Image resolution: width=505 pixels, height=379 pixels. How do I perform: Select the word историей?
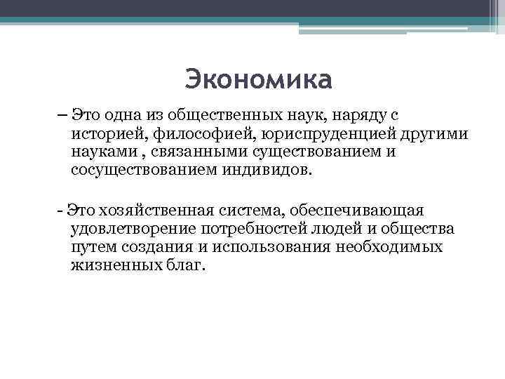[x=100, y=133]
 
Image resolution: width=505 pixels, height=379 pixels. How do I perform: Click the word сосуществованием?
[x=139, y=171]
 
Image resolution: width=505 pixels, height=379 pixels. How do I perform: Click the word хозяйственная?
[x=149, y=211]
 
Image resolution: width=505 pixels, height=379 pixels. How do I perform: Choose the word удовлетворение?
[x=133, y=229]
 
